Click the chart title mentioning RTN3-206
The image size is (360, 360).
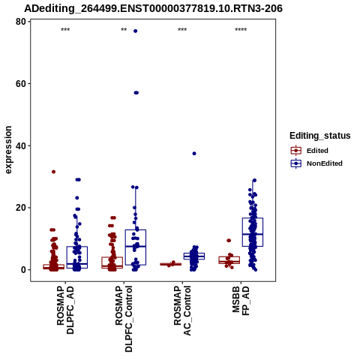point(153,8)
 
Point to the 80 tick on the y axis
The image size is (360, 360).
point(29,22)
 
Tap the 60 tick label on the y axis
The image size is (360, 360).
point(21,84)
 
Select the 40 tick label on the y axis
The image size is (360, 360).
point(21,145)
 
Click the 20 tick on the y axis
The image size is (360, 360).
point(29,208)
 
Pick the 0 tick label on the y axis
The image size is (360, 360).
point(23,270)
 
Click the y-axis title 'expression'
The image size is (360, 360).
point(8,150)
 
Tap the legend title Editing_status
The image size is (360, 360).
point(320,136)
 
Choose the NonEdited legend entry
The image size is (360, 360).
point(316,163)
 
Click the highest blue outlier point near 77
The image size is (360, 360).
point(136,31)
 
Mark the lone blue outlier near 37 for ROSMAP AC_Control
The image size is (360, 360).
point(194,154)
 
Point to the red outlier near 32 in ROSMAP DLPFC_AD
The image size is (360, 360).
point(53,172)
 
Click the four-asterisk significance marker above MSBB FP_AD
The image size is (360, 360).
point(241,30)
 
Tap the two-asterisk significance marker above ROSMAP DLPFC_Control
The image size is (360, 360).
point(124,30)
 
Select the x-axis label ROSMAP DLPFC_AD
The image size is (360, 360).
point(65,310)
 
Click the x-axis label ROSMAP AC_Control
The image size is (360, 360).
point(182,310)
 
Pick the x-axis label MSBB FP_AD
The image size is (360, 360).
point(241,301)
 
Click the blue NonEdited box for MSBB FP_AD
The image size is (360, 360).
point(253,218)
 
